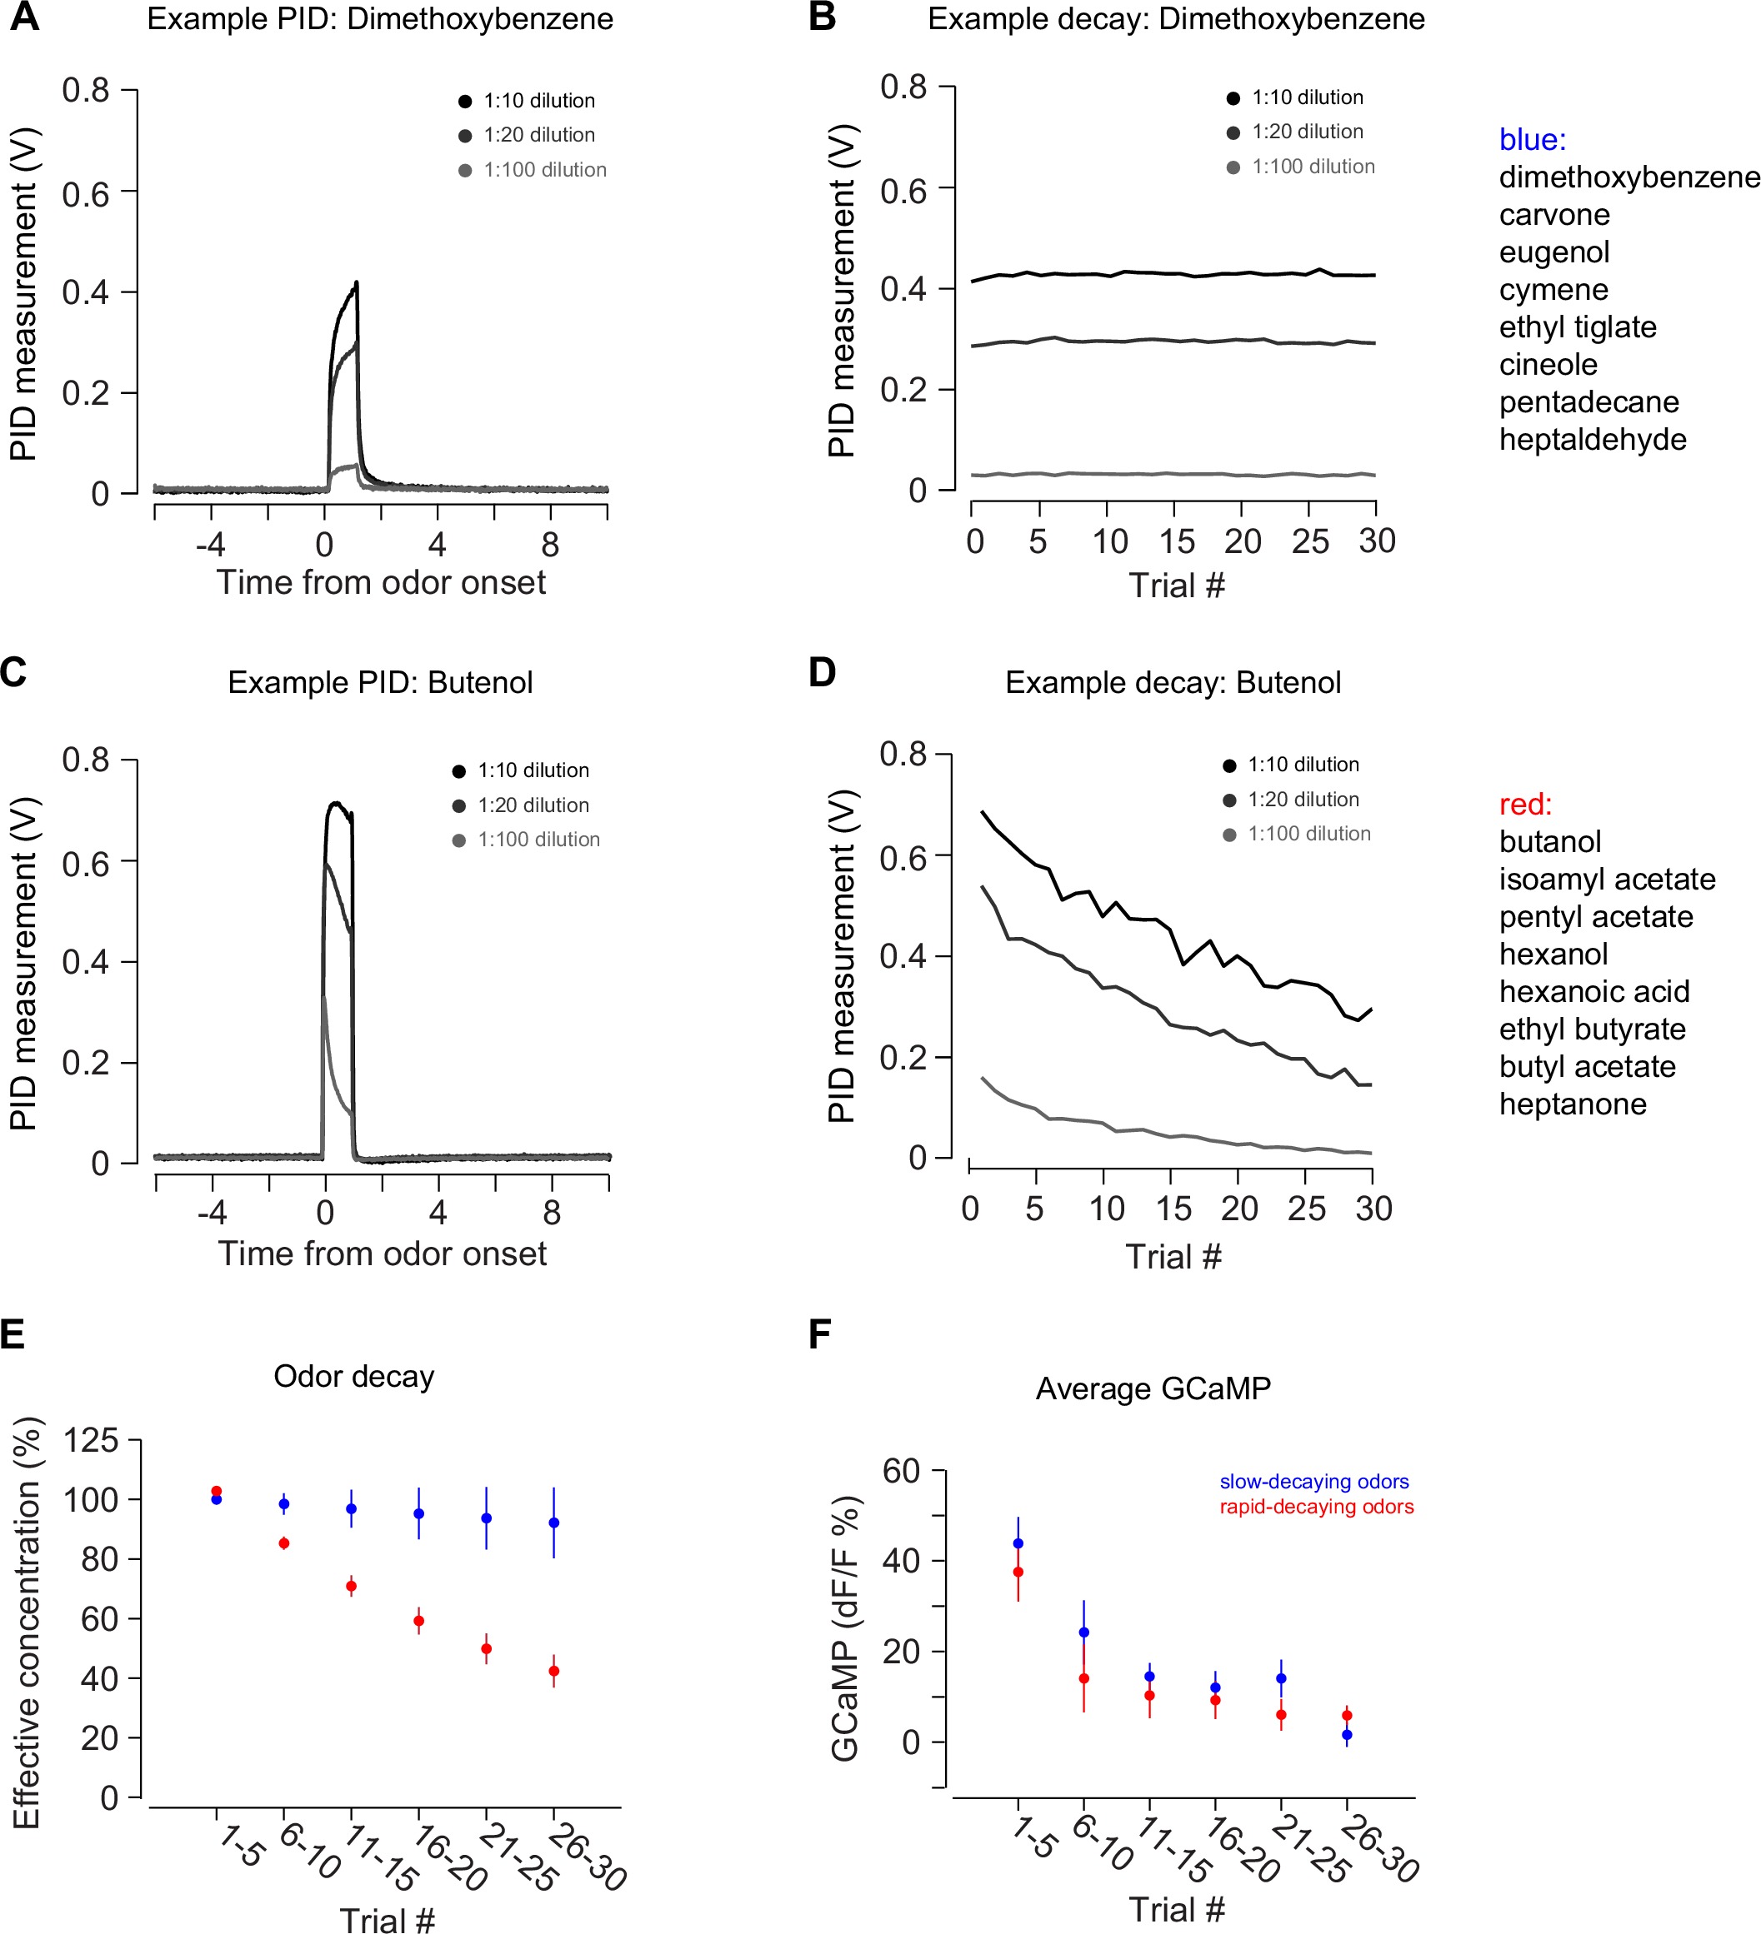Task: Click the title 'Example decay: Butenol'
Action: click(1172, 682)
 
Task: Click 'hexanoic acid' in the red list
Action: click(1594, 991)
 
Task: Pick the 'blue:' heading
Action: click(1532, 140)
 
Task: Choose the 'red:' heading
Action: click(1525, 804)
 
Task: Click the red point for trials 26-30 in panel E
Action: click(553, 1671)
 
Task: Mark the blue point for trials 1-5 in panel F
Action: click(1018, 1543)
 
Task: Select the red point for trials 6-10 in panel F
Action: click(1083, 1679)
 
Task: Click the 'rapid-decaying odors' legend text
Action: click(1316, 1507)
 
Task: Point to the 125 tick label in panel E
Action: click(90, 1441)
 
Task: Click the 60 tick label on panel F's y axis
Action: click(900, 1471)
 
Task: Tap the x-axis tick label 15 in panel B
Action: click(1176, 542)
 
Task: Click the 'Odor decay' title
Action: click(353, 1377)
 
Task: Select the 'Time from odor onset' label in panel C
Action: click(382, 1254)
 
